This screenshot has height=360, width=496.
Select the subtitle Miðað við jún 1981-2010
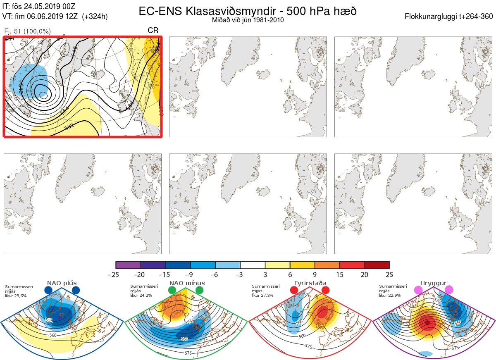click(248, 20)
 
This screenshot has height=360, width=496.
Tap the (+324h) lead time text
click(95, 17)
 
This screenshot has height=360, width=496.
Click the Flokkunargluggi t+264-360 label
click(449, 17)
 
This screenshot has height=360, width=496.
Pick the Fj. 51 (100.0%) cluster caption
click(27, 31)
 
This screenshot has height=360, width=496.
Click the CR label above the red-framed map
click(153, 31)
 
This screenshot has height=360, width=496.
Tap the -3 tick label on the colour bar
click(240, 274)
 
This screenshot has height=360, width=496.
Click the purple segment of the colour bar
click(128, 265)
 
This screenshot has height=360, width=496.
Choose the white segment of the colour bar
click(253, 265)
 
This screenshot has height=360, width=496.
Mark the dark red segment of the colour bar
click(377, 265)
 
